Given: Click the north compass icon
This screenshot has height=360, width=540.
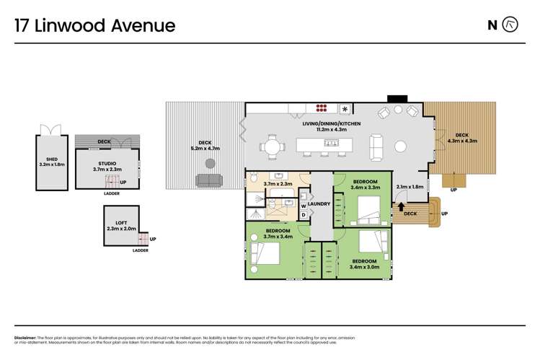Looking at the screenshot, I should click(510, 25).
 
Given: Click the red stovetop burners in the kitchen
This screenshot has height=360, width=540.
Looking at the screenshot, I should click(322, 109).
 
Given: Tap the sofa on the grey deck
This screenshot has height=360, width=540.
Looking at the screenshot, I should click(209, 180).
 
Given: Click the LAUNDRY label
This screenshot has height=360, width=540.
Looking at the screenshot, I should click(319, 204).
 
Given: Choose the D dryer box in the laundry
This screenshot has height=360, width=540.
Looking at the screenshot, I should click(304, 214).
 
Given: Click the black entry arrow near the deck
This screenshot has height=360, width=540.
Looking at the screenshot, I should click(401, 208).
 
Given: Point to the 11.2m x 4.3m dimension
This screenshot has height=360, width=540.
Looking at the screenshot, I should click(332, 130).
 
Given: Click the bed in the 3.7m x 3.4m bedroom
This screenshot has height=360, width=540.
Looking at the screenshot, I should click(265, 254).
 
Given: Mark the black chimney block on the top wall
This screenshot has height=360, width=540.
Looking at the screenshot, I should click(397, 98).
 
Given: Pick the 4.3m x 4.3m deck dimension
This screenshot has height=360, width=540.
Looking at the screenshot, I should click(462, 141).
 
